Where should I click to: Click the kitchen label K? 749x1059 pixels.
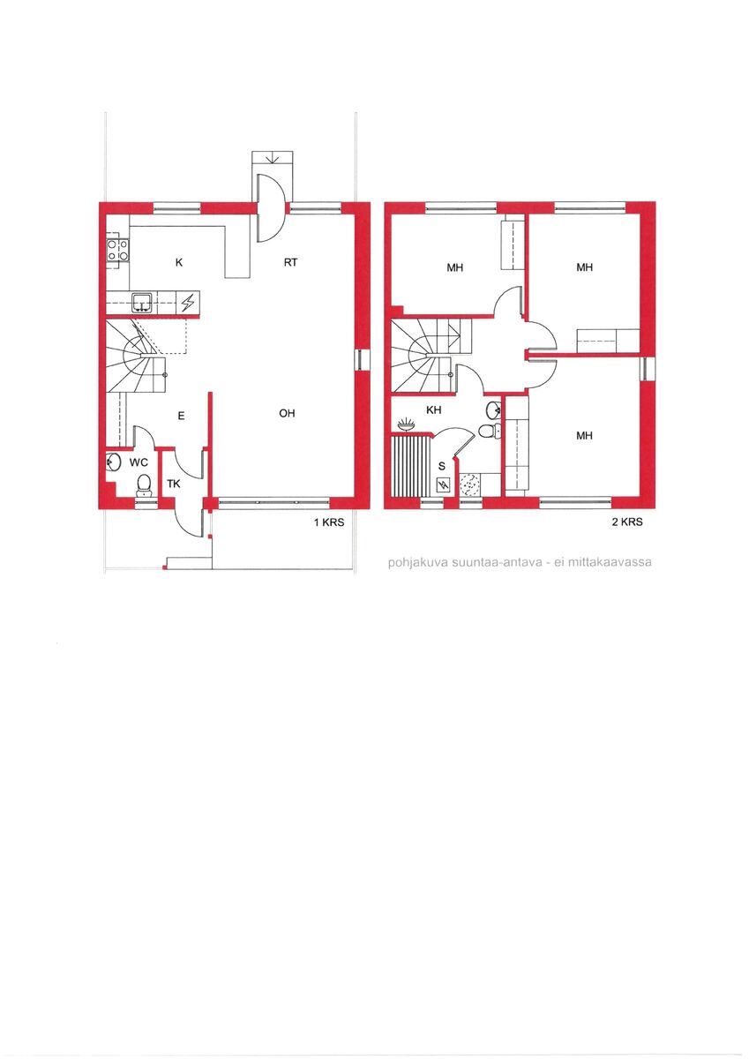point(178,263)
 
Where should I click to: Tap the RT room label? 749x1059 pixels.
point(290,262)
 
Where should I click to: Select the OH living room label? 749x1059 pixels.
point(287,413)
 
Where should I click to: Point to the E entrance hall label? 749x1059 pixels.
point(181,416)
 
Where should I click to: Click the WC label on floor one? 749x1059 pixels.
point(139,462)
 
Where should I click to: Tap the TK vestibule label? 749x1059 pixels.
point(174,484)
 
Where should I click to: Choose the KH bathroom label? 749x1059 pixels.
point(433,409)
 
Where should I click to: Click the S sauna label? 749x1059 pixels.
point(442,467)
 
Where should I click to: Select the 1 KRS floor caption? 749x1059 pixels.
point(329,522)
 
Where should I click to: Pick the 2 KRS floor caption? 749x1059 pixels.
point(627,522)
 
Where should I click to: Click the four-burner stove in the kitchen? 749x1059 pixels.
point(117,250)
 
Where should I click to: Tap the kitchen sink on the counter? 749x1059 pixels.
point(142,303)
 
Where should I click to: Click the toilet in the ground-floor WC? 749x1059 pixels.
point(144,485)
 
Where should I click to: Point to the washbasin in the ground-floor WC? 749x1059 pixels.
point(113,462)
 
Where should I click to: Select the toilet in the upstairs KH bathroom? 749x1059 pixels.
point(490,431)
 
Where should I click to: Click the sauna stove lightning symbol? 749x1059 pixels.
point(444,484)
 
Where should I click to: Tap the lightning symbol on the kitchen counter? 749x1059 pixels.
point(188,303)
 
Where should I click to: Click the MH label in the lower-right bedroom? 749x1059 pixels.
point(585,435)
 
